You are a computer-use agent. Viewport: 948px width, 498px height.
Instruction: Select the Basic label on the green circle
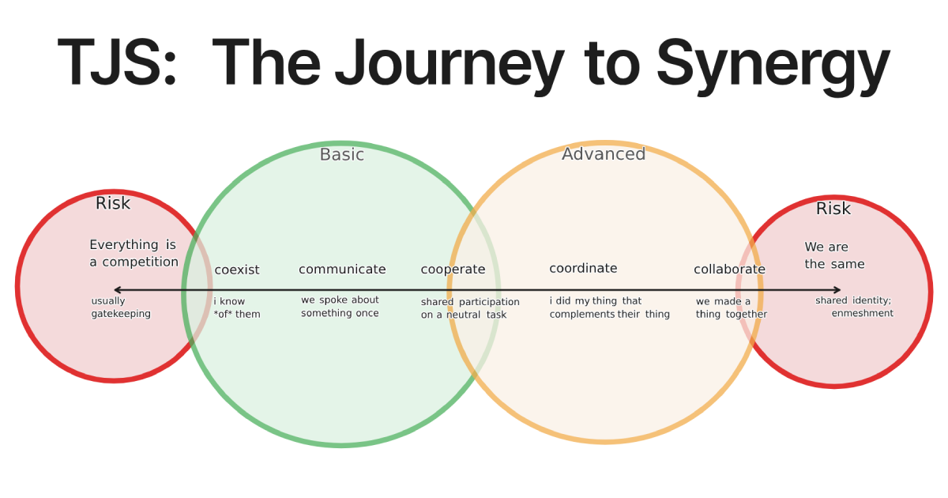click(x=341, y=155)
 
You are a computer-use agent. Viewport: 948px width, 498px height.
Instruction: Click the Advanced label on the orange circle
click(x=604, y=154)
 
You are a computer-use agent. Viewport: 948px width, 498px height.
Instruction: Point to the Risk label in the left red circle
click(x=113, y=204)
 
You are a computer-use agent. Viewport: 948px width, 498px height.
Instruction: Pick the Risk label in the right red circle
click(x=833, y=209)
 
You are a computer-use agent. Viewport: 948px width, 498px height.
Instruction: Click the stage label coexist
click(x=237, y=270)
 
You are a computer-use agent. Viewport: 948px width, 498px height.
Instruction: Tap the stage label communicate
click(x=342, y=270)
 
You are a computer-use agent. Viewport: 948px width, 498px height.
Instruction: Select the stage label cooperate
click(x=453, y=270)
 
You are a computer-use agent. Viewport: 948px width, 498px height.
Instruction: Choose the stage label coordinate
click(x=583, y=269)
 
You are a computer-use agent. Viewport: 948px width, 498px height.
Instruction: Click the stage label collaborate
click(x=729, y=270)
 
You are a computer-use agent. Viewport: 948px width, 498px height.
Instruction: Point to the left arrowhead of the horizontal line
click(x=116, y=290)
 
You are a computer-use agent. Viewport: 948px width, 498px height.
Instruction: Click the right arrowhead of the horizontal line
click(x=837, y=290)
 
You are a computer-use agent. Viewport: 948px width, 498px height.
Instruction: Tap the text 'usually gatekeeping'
click(x=120, y=307)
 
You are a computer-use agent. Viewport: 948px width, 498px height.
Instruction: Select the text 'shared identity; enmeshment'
click(x=855, y=307)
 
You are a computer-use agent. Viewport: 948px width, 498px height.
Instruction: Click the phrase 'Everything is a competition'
click(x=134, y=254)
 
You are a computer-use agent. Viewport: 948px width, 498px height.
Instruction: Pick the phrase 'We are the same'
click(x=834, y=256)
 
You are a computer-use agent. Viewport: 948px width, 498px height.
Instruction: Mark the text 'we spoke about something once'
click(x=340, y=307)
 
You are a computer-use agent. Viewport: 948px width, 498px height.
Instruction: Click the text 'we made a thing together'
click(x=731, y=307)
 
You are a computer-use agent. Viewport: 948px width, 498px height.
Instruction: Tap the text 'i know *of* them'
click(x=236, y=307)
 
